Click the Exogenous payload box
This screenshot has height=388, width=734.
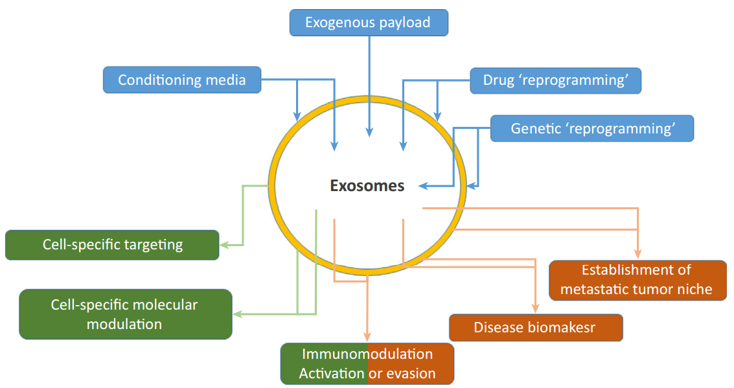(368, 23)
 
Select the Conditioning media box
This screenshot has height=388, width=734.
(182, 80)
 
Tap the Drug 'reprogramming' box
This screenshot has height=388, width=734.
(555, 80)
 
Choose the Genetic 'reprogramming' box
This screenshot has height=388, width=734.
(591, 128)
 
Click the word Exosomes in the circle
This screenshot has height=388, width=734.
(367, 186)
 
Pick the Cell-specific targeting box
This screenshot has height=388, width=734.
(112, 245)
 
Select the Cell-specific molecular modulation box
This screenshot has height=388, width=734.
(125, 314)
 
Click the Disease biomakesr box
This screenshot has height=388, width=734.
(536, 328)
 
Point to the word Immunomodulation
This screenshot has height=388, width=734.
(367, 354)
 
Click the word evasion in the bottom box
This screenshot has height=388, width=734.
(411, 374)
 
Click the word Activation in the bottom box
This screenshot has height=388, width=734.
(332, 374)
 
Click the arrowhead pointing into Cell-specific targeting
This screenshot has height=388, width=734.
(224, 245)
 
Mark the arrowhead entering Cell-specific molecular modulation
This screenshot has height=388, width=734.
(237, 314)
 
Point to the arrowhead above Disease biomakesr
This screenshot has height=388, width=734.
(536, 309)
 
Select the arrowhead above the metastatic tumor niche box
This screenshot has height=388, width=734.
(638, 253)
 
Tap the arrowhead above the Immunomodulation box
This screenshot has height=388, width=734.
(367, 336)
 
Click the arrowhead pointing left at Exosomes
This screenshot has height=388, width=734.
(423, 186)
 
